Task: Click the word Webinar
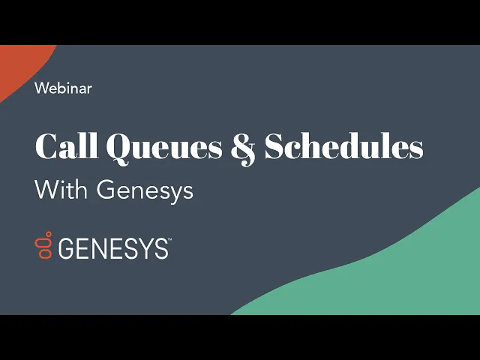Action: (x=63, y=88)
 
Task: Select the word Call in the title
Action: (x=67, y=145)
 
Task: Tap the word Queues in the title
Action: (x=164, y=148)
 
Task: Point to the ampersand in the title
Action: (x=243, y=148)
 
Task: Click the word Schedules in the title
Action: (x=343, y=145)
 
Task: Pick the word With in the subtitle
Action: (x=61, y=190)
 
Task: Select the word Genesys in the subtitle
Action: (x=145, y=192)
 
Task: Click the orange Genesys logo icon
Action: (x=43, y=245)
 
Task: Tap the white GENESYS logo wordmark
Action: (x=113, y=248)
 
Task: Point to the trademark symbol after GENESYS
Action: (x=169, y=239)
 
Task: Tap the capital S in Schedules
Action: (x=275, y=145)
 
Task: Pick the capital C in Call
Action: (x=46, y=145)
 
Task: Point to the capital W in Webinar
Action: (x=43, y=88)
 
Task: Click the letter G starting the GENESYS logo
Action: (x=66, y=248)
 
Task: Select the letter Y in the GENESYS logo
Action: (x=144, y=248)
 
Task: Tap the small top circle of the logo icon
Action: (x=48, y=234)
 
